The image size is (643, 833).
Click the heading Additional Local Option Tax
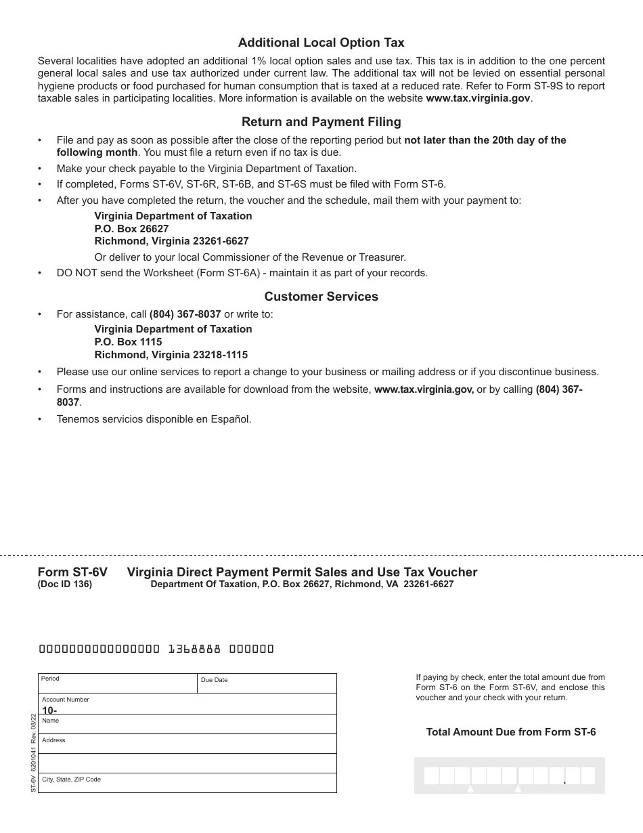(x=321, y=43)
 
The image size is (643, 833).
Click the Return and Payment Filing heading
(x=321, y=122)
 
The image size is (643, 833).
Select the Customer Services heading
(x=321, y=297)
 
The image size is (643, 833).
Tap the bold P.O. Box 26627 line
(x=131, y=228)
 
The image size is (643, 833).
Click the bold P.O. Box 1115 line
(x=128, y=342)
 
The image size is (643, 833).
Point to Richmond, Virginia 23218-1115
(x=171, y=355)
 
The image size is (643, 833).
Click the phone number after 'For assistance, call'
(x=185, y=314)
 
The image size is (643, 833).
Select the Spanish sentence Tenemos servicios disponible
(x=154, y=419)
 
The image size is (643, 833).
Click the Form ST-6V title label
(x=72, y=572)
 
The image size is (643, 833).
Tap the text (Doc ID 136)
(x=65, y=584)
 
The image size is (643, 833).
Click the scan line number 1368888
(x=194, y=649)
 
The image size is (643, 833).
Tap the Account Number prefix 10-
(x=49, y=710)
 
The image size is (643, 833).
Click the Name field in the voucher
(x=187, y=725)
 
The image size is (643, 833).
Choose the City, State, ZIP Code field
(x=187, y=784)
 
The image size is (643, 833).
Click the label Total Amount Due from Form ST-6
(x=510, y=732)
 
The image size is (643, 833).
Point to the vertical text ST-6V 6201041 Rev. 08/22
(x=33, y=752)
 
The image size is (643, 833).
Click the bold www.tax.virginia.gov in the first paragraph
(x=478, y=98)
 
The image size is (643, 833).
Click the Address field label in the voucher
(x=53, y=740)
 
